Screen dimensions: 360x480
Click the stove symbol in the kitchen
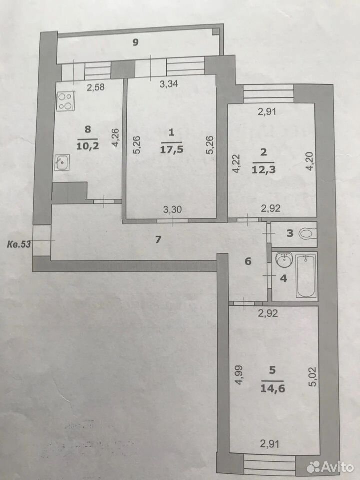66,101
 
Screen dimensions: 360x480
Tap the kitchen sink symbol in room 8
62,162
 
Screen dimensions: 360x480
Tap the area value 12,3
264,169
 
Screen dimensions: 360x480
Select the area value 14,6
273,388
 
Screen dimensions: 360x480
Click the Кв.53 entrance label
18,244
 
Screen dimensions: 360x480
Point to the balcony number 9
135,42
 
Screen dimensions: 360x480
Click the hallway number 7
158,239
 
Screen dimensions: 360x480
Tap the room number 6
248,261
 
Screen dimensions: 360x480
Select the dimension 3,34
169,83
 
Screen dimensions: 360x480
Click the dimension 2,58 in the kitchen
96,87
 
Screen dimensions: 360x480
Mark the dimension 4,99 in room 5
239,374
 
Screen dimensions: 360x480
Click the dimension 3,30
172,209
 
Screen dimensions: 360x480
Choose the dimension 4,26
115,138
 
